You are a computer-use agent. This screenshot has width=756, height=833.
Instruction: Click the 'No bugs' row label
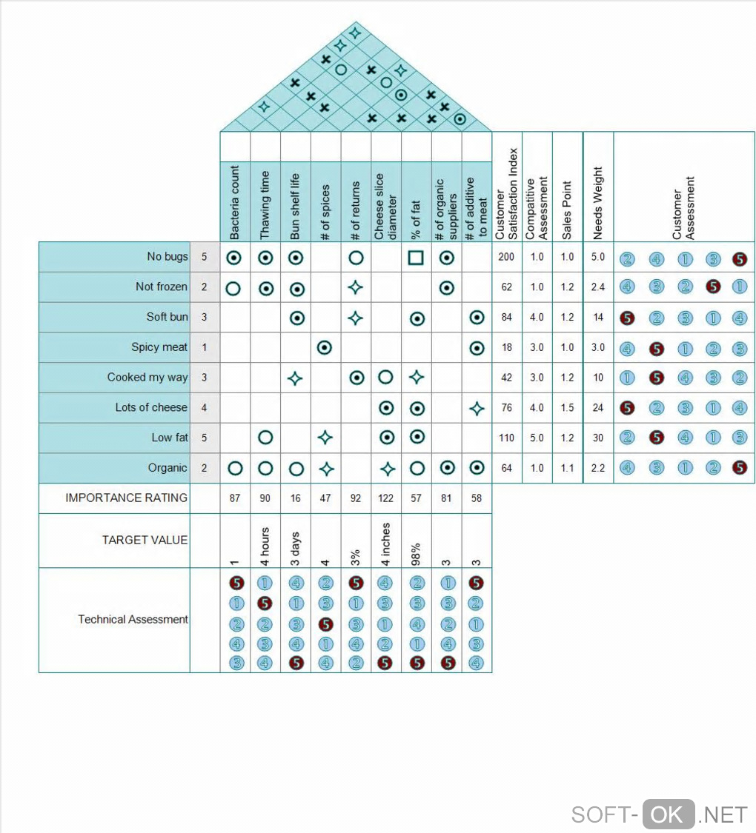pos(168,257)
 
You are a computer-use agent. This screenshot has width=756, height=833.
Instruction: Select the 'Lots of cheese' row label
pos(151,407)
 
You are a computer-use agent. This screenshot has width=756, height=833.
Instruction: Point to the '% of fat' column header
pos(417,218)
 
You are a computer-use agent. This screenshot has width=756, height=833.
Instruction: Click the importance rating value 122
pos(386,498)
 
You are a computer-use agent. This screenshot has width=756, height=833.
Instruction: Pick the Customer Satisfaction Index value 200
pos(507,257)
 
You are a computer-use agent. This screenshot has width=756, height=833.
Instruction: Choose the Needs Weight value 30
pos(598,438)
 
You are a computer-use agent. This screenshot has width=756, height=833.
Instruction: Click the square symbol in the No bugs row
pos(417,258)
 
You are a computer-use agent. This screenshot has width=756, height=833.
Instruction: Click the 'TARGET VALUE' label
pos(145,541)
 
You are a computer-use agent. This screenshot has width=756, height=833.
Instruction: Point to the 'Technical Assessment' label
pos(133,620)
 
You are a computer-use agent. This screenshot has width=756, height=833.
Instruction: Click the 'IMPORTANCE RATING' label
pos(126,498)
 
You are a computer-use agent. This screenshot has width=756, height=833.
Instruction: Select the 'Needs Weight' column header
pos(598,202)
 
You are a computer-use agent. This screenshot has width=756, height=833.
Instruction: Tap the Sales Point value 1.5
pos(568,407)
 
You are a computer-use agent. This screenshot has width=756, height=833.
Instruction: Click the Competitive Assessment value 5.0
pos(537,438)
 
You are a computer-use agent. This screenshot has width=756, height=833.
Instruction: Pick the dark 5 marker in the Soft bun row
pos(628,318)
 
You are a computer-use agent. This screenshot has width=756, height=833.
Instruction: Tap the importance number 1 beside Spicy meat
pos(205,347)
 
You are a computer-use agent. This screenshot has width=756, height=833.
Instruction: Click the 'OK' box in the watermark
pos(669,814)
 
